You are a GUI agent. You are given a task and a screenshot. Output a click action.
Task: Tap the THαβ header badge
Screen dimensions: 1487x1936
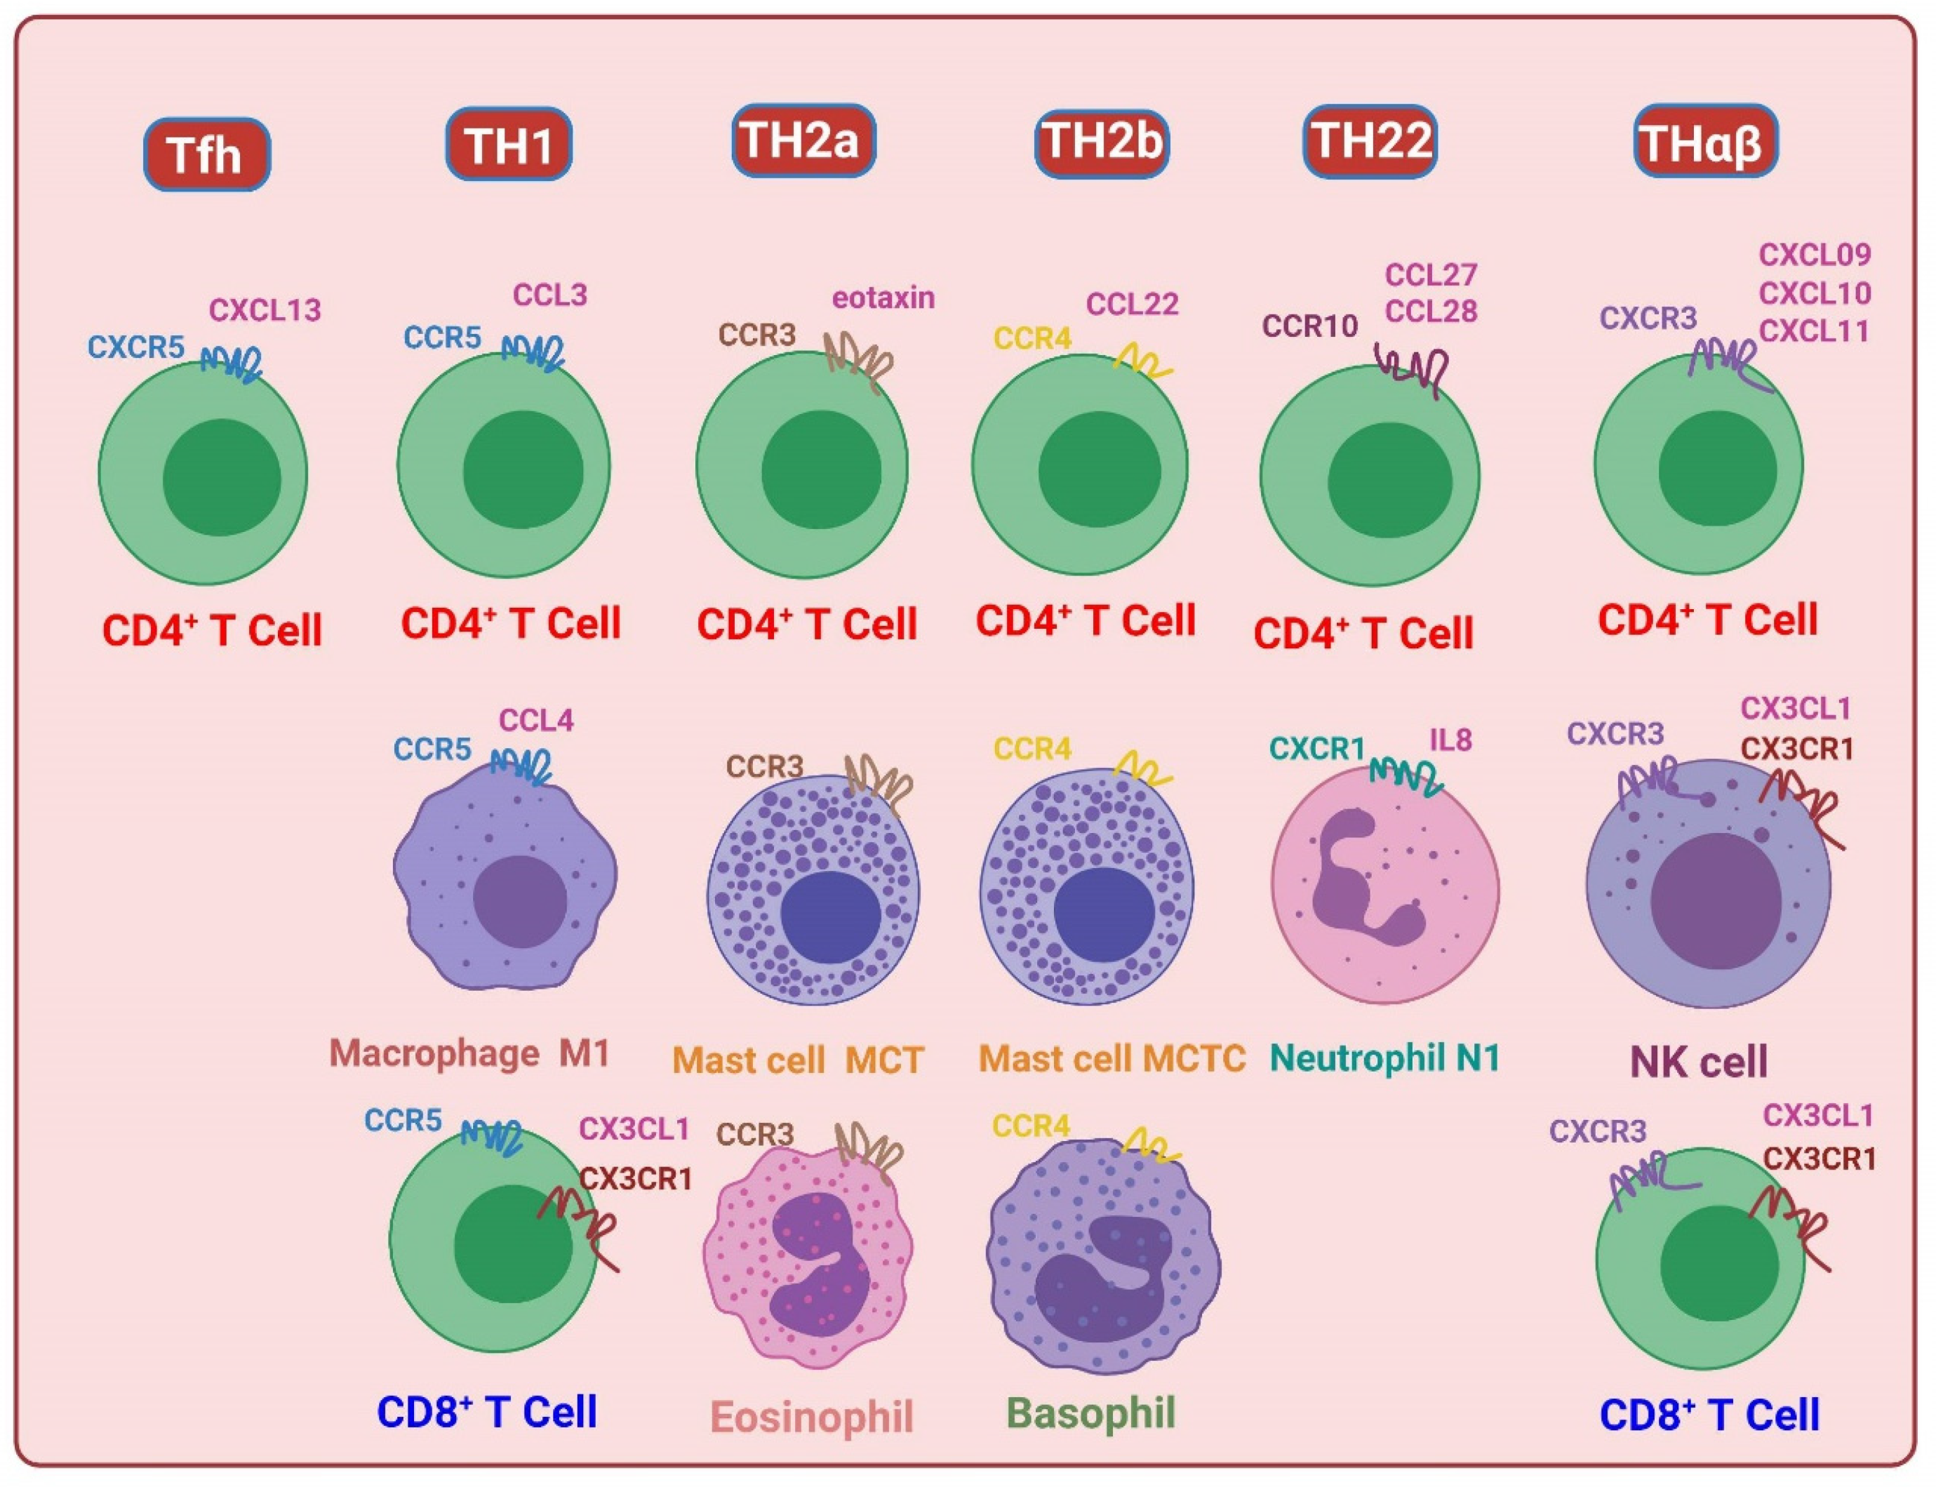[x=1704, y=142]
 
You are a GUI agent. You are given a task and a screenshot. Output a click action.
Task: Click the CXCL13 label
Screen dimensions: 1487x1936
[x=265, y=309]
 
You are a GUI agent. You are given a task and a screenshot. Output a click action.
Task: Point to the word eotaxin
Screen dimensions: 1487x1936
[x=883, y=298]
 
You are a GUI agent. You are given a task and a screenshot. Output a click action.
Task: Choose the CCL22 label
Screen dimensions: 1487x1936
[x=1132, y=305]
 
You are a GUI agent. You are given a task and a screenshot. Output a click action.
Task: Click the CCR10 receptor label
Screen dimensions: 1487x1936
[x=1309, y=326]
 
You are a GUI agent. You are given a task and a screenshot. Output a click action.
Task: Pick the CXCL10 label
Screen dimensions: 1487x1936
[x=1815, y=293]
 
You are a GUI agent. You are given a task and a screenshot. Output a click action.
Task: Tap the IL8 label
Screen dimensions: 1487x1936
[x=1451, y=740]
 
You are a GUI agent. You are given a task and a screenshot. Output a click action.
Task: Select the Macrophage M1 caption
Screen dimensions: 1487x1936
[x=469, y=1053]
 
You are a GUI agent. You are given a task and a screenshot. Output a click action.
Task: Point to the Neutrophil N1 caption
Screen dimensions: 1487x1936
[x=1384, y=1058]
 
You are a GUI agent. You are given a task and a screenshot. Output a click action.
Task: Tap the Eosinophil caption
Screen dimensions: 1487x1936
[x=811, y=1416]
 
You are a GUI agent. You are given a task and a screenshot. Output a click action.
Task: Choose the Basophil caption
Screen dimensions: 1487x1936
[x=1091, y=1413]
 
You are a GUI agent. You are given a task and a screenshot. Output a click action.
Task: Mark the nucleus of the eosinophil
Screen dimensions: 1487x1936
[x=810, y=1266]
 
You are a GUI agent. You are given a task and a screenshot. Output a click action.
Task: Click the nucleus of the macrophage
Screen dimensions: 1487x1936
[x=519, y=901]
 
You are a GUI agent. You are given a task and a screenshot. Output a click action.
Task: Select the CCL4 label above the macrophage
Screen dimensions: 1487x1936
[x=536, y=721]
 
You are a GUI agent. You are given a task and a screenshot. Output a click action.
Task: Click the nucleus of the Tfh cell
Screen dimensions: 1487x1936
[x=221, y=479]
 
